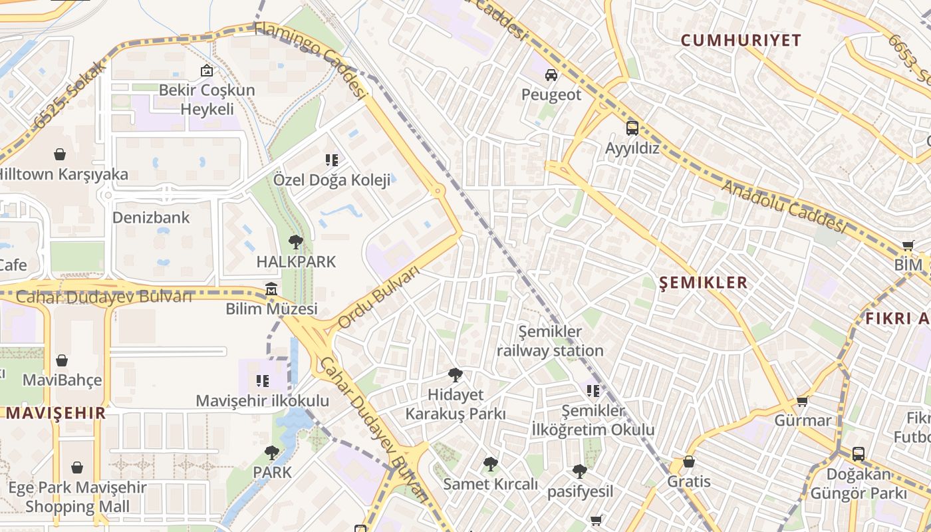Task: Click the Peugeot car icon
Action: click(551, 75)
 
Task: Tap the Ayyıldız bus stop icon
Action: click(632, 128)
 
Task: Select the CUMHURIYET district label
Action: click(741, 40)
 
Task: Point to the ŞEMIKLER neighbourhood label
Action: click(703, 283)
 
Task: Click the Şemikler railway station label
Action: click(550, 340)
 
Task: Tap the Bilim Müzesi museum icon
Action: click(271, 289)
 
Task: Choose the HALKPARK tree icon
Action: click(296, 242)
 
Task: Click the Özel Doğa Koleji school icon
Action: click(331, 160)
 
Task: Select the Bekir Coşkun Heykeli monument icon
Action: click(207, 70)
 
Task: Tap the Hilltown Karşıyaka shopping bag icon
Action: click(60, 154)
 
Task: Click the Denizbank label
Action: click(151, 217)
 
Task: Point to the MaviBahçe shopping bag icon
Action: click(62, 360)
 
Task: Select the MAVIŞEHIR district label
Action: click(56, 412)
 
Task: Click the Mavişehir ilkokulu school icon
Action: click(263, 381)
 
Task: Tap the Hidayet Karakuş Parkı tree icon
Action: click(456, 375)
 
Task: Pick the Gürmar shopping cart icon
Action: click(803, 401)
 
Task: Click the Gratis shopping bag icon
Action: click(689, 462)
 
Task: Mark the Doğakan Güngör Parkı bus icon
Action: click(859, 454)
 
